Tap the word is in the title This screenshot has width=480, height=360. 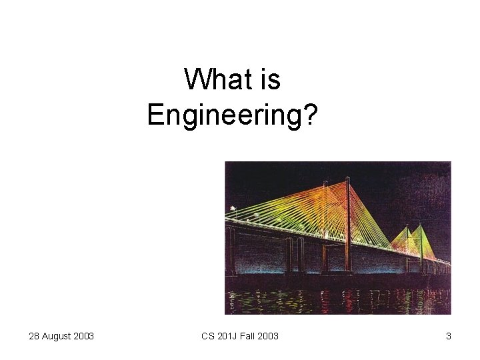click(x=270, y=80)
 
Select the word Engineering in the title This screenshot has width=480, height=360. click(x=224, y=114)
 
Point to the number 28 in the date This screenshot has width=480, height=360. click(x=34, y=336)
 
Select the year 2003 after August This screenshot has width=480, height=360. click(x=83, y=336)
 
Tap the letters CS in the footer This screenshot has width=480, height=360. click(x=207, y=336)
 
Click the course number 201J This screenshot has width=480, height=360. click(x=227, y=336)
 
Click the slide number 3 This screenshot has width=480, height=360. click(x=449, y=336)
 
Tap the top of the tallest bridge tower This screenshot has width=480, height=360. click(x=347, y=179)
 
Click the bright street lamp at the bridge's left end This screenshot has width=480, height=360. click(x=233, y=209)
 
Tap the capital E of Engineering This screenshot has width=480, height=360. click(x=153, y=114)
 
